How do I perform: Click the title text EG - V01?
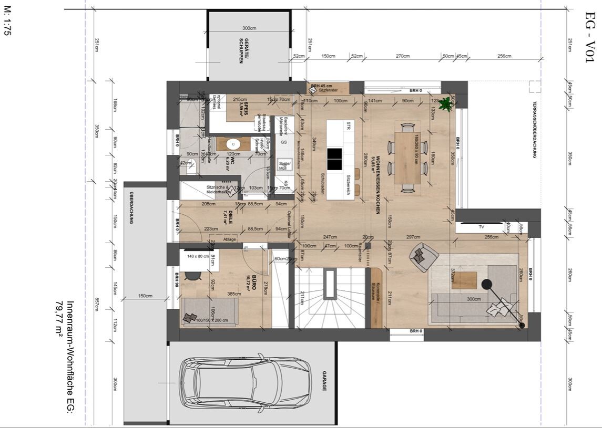[590, 37]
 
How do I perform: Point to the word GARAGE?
[324, 381]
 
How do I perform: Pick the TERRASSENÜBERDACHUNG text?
[535, 129]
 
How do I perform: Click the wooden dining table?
[407, 157]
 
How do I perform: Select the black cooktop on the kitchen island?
[335, 159]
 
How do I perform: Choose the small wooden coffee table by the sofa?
[464, 280]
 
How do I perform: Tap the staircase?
[329, 297]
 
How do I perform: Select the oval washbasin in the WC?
[233, 144]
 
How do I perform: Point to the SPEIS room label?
[242, 107]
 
